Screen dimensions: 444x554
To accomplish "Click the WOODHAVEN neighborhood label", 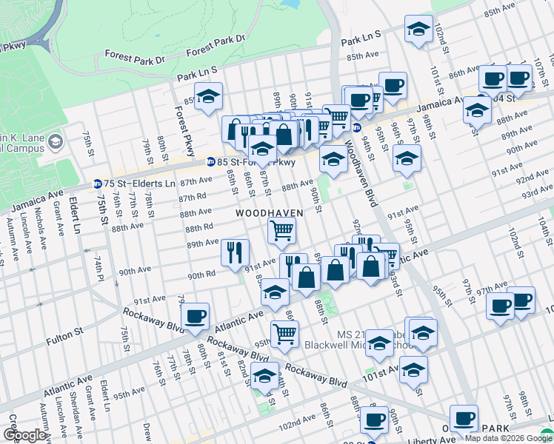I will click(x=270, y=213).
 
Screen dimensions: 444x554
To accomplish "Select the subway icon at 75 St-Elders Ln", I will click(x=97, y=184).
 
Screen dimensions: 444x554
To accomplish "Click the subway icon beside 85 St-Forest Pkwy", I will click(x=210, y=162).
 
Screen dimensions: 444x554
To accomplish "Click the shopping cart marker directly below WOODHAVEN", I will click(x=282, y=231).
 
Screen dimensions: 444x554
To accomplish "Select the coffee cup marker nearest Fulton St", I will click(x=195, y=316).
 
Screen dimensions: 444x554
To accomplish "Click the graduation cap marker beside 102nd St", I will click(x=418, y=30).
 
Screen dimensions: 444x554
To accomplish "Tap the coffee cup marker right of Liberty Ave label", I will click(x=464, y=418).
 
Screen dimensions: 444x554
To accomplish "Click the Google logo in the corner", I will click(x=24, y=435).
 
